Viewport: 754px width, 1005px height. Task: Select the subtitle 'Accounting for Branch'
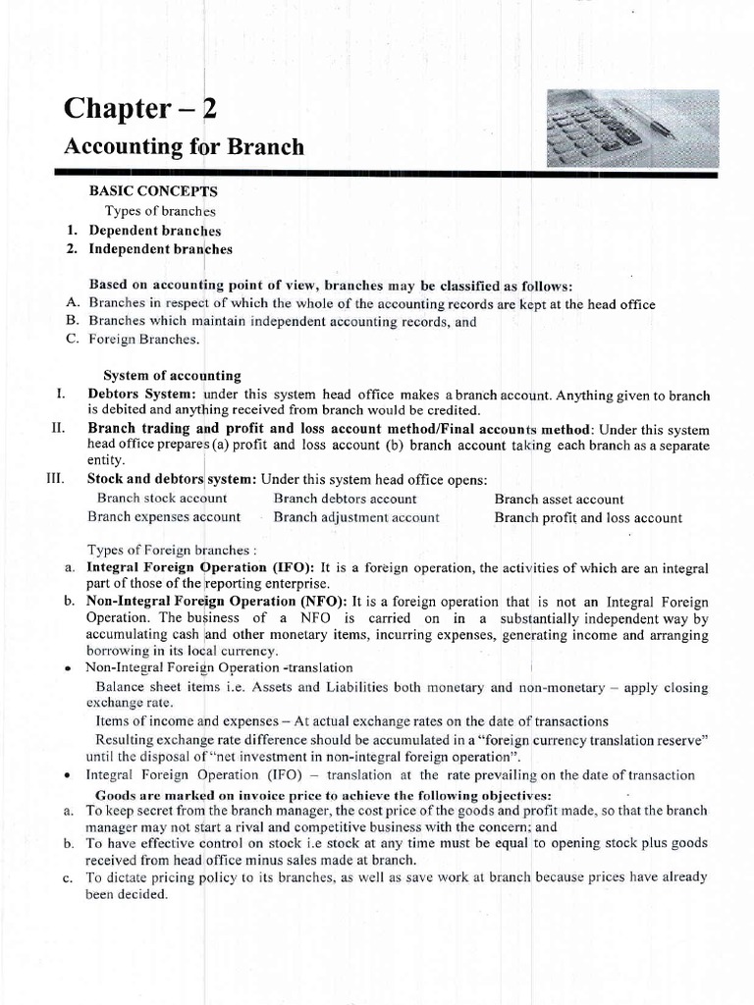[184, 147]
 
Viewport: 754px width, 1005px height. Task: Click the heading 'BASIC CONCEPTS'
[153, 192]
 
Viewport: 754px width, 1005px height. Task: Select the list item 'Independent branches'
[160, 248]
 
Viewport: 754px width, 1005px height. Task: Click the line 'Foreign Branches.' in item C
[144, 340]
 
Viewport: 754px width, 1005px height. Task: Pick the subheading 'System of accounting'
[172, 376]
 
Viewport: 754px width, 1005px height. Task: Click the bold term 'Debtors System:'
[141, 395]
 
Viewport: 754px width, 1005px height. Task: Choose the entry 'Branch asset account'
[559, 499]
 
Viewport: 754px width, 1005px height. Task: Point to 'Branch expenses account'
[164, 516]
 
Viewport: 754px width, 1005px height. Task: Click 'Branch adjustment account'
[356, 516]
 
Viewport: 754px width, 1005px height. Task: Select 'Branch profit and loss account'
[588, 516]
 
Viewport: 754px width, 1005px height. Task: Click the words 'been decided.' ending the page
[128, 894]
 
